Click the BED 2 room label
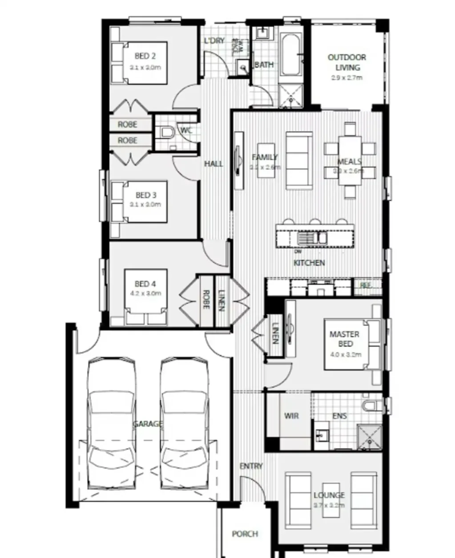click(x=145, y=57)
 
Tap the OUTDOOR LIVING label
click(x=347, y=62)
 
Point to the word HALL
click(x=213, y=164)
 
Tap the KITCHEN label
click(x=309, y=263)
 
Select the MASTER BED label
click(x=345, y=339)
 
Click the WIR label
click(x=291, y=416)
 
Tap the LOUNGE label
click(x=329, y=495)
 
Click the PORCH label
click(x=245, y=534)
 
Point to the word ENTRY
click(x=251, y=466)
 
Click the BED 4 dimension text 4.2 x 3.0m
click(x=145, y=294)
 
